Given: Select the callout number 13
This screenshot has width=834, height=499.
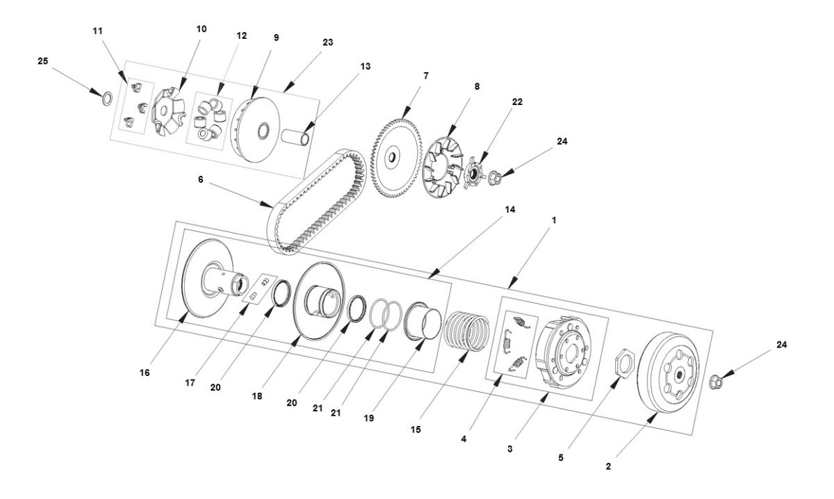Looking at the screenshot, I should pyautogui.click(x=365, y=66).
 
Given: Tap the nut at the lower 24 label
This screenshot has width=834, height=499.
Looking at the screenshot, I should pyautogui.click(x=717, y=382).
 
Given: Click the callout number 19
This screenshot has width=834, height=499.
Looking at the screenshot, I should pyautogui.click(x=368, y=418).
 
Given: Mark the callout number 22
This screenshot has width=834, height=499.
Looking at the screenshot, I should pyautogui.click(x=517, y=101).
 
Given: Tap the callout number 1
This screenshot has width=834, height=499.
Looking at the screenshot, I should pyautogui.click(x=554, y=220).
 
